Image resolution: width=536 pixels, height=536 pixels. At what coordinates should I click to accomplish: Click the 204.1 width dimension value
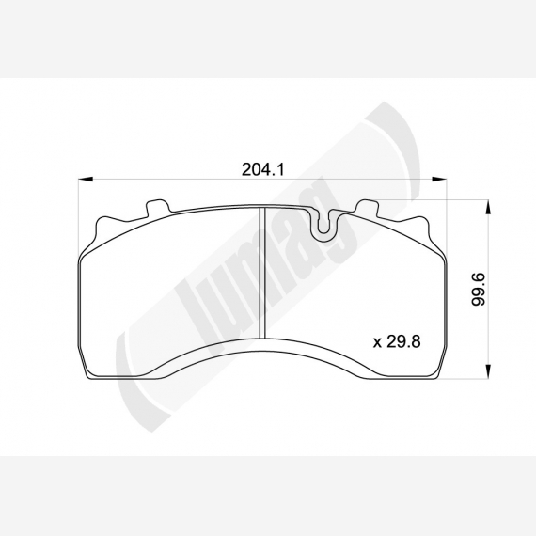tap(263, 169)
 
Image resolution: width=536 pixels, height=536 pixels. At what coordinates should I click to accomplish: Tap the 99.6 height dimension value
tap(478, 290)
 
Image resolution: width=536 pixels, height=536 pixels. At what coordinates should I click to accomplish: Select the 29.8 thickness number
tap(403, 341)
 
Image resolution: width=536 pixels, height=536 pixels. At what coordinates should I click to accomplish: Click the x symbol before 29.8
tap(377, 343)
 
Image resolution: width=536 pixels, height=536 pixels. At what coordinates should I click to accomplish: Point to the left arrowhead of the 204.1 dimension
tap(86, 179)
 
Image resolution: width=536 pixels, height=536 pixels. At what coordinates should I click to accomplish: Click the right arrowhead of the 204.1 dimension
tap(439, 179)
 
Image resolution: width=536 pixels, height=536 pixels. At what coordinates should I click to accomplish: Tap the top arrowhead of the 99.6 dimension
tap(488, 208)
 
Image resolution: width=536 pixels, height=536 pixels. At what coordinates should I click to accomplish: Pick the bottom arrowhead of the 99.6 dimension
tap(488, 372)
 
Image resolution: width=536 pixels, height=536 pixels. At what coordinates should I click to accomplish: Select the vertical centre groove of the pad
tap(262, 272)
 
